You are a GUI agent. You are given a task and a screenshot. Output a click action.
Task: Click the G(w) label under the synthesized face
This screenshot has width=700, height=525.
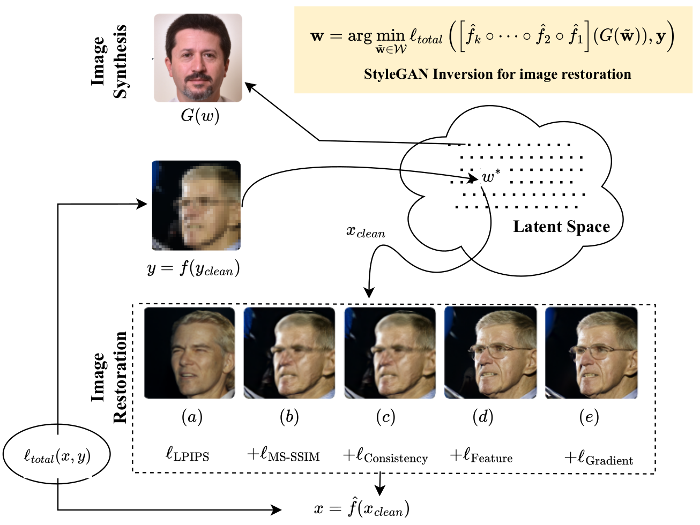point(200,115)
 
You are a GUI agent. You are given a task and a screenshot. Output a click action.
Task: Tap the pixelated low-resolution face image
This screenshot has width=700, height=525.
point(196,205)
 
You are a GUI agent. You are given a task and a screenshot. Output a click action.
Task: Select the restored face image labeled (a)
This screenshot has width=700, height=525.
point(190,352)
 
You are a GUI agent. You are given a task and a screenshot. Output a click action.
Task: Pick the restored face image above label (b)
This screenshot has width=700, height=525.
point(289,352)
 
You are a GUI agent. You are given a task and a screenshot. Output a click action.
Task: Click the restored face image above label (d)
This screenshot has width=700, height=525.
point(490,352)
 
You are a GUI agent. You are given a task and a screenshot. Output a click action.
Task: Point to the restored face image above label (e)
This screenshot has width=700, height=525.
point(591,352)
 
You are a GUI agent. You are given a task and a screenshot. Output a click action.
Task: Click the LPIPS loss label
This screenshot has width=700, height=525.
point(188,455)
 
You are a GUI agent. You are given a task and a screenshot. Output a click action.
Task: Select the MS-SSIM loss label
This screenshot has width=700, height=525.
point(284,455)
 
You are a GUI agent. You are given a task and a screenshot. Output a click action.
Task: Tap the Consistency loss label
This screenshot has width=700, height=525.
point(385,456)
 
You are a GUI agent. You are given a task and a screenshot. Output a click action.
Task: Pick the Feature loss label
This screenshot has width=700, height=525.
point(481,456)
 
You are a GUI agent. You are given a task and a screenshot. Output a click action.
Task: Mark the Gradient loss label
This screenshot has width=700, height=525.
point(599,459)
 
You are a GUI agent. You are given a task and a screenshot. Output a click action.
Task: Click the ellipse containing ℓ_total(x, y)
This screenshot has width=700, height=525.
point(57,455)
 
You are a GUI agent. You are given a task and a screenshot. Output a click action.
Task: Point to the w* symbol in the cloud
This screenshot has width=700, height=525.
point(490,176)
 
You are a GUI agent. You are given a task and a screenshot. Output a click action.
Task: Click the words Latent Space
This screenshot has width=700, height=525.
point(561,227)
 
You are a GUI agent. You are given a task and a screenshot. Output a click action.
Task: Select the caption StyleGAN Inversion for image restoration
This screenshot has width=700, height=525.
point(497,74)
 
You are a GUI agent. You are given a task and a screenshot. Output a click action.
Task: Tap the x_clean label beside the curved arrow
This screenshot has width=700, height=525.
point(366,231)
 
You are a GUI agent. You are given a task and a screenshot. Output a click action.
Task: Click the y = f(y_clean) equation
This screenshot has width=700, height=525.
point(193,268)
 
